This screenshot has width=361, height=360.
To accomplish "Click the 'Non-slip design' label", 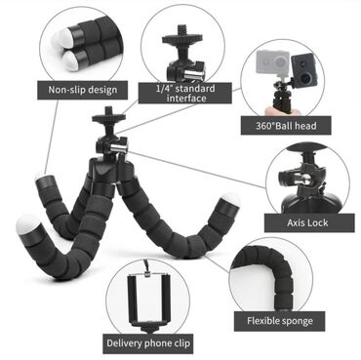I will (x=82, y=92).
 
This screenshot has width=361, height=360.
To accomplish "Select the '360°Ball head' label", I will (x=287, y=126).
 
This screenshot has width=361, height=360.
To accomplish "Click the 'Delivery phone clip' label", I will (x=147, y=342).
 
